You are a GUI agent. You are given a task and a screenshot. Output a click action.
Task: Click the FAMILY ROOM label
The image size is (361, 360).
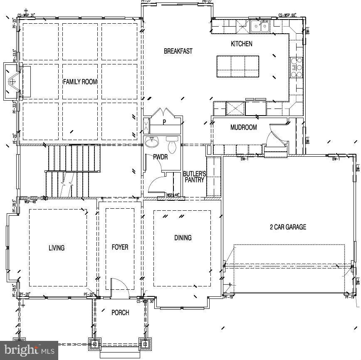coord(80,82)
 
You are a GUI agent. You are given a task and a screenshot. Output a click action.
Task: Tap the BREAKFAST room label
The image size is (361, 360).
coord(178,51)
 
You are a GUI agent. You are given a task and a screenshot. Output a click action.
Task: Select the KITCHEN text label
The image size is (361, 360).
coord(241,44)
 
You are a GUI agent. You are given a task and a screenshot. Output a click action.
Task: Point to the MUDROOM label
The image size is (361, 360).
coord(243,128)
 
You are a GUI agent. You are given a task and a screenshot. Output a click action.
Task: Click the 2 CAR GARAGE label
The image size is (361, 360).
coord(288,227)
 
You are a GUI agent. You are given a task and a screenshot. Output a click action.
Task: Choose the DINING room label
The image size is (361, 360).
coord(183,238)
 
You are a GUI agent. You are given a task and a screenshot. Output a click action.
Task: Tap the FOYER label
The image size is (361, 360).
coord(120,247)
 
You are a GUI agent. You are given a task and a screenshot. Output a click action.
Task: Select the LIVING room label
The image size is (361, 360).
coord(57,248)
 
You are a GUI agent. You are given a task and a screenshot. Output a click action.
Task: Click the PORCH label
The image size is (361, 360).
coord(120,313)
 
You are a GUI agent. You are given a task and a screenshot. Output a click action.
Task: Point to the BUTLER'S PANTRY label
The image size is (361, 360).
coord(194,177)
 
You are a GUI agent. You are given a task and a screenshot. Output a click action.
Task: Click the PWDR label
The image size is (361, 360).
coord(160,158)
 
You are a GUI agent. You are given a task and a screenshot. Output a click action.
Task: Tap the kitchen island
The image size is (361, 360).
coord(238,67)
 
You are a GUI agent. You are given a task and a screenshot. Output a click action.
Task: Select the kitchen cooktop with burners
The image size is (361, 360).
coord(296,67)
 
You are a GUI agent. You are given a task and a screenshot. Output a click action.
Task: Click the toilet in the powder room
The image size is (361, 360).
coord(172,145)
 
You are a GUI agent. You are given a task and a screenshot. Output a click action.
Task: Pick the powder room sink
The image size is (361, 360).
coord(152,143)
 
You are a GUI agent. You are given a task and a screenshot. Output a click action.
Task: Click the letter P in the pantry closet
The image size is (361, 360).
coord(164,122)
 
